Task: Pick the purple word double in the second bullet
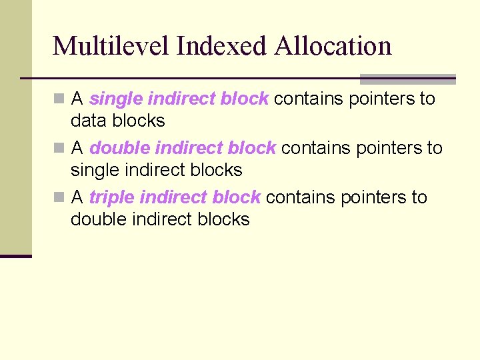point(119,148)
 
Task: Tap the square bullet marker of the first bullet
point(59,99)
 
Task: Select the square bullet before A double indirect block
point(59,148)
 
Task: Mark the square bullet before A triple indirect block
point(59,197)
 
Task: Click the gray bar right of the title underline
point(407,79)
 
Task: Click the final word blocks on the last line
point(223,219)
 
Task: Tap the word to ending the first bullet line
point(427,99)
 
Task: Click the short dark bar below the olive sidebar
point(16,256)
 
